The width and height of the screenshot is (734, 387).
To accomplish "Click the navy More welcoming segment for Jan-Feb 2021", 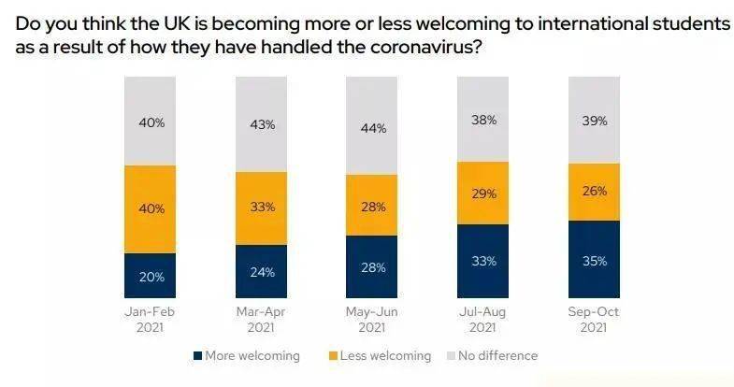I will click(x=150, y=275).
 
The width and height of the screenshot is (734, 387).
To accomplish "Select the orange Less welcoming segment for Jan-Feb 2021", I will click(x=150, y=209).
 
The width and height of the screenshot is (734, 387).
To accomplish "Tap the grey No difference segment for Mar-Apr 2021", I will click(x=261, y=125).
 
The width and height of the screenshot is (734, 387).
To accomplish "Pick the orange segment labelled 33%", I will click(x=261, y=208).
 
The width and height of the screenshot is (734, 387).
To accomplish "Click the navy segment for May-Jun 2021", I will click(x=371, y=266).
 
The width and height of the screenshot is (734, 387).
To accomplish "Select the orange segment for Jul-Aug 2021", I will click(x=482, y=193).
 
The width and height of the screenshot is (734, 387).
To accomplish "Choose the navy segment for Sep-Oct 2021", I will click(x=594, y=259).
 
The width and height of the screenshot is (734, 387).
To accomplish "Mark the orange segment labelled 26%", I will click(x=594, y=192).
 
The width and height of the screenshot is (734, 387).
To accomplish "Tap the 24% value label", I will click(x=263, y=273).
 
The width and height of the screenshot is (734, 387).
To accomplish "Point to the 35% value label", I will click(x=596, y=261).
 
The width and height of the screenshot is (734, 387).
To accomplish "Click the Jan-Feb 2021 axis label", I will click(x=150, y=319).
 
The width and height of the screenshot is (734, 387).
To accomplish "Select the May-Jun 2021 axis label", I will click(x=371, y=319).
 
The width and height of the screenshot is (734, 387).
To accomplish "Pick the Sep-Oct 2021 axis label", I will click(x=594, y=319).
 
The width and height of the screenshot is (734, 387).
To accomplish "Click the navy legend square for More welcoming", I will click(x=199, y=355).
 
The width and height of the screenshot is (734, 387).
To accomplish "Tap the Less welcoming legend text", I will click(x=386, y=355).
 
